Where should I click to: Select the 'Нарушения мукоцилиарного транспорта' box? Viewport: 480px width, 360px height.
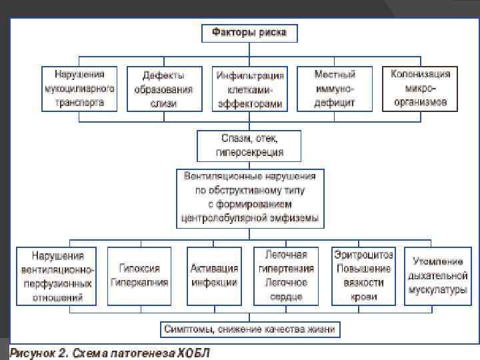pos(79,88)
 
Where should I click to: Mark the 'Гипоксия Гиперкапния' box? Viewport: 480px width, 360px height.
pos(139,275)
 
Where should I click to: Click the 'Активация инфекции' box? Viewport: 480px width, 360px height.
pos(214,275)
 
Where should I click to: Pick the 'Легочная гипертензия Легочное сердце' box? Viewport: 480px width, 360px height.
pos(286,275)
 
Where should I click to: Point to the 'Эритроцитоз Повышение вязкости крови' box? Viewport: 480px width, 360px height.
pos(363,275)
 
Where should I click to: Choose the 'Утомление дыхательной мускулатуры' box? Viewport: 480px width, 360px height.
pos(437,275)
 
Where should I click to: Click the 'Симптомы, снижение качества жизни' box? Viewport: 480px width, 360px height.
pos(249,329)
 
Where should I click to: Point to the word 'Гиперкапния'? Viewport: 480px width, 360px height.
pos(140,282)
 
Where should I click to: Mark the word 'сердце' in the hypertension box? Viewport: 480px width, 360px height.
pos(286,295)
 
